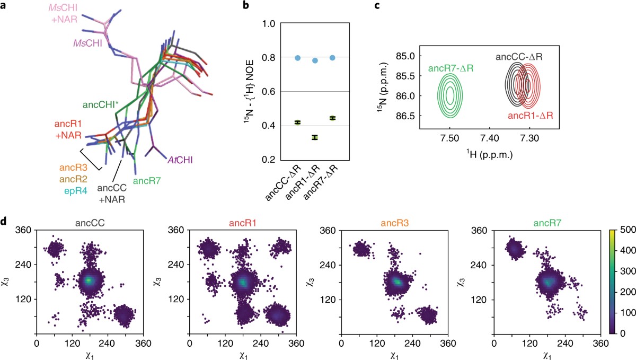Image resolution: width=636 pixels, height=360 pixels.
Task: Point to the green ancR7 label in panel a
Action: [147, 180]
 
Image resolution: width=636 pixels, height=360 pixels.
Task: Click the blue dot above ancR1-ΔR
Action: [315, 60]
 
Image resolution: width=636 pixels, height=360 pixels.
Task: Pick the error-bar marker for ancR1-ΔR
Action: [315, 137]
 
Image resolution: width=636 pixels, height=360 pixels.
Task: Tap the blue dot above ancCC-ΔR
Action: [298, 57]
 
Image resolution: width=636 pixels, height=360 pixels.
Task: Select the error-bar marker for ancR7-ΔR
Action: [332, 118]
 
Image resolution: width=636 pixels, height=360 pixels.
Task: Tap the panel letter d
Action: [5, 219]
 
